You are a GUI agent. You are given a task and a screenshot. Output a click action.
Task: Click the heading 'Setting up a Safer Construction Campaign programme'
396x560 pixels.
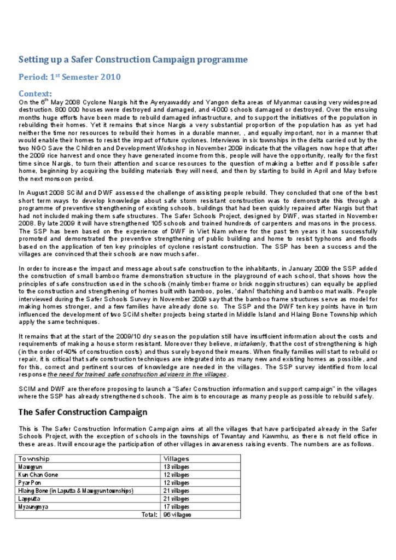[x=133, y=60]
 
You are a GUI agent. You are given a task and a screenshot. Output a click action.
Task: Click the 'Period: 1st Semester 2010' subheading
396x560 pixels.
[x=69, y=77]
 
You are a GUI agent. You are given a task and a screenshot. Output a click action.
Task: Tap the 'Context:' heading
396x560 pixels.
[x=35, y=94]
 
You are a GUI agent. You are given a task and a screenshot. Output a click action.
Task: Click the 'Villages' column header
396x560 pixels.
[x=176, y=458]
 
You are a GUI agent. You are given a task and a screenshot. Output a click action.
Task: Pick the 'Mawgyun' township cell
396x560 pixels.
[x=30, y=467]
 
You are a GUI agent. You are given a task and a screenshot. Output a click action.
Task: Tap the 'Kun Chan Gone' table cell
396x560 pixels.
[x=38, y=475]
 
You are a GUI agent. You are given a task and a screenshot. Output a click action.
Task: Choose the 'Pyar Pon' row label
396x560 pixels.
[x=30, y=483]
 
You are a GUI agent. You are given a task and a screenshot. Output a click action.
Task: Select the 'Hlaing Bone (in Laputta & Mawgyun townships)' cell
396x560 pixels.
[x=75, y=491]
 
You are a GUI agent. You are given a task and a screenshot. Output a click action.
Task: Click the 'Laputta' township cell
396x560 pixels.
[x=28, y=499]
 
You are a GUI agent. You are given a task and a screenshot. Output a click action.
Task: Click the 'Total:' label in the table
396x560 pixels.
[x=149, y=515]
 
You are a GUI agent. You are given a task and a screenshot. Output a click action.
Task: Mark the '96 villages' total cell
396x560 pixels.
[x=177, y=515]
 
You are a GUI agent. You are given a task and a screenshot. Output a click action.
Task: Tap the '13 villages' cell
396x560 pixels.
[x=176, y=467]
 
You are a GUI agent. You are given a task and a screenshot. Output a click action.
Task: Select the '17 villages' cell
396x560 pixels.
[x=176, y=506]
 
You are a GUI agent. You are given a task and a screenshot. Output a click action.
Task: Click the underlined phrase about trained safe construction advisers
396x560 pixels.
[x=137, y=375]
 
